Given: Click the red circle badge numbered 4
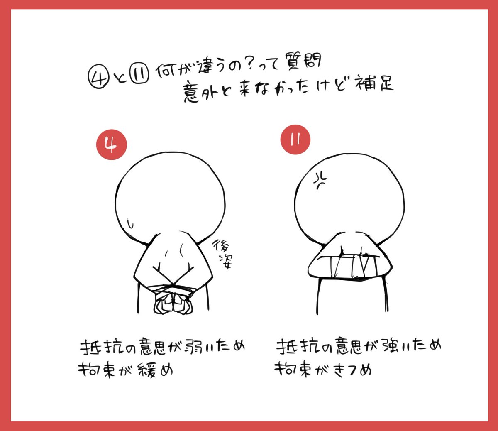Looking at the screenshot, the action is coord(112,144).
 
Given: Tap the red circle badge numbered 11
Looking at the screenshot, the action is coord(295,140).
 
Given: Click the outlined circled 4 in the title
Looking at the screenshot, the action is coord(99,77).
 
